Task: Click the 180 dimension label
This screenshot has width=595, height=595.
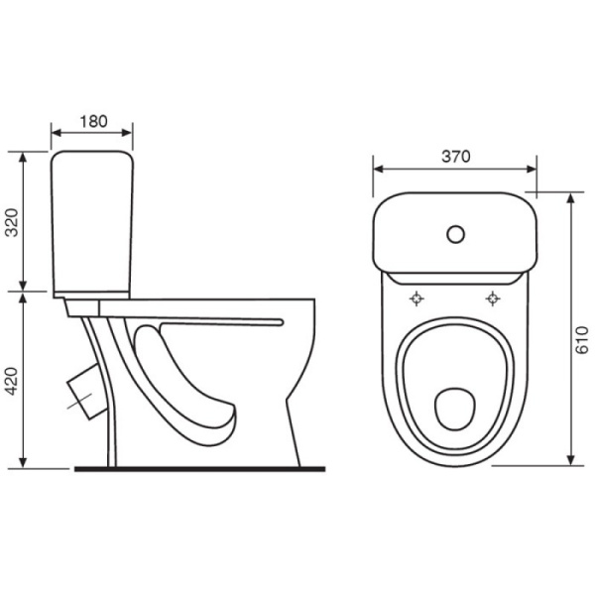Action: click(93, 121)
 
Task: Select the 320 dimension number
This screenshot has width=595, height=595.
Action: click(12, 223)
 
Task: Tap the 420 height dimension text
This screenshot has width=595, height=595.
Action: click(12, 382)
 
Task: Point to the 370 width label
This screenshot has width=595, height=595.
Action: click(456, 157)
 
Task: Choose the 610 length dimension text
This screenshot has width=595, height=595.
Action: click(582, 340)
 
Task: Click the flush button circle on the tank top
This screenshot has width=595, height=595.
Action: click(455, 234)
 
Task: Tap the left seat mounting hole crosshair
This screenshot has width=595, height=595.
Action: click(416, 298)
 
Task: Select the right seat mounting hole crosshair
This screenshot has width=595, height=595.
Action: click(493, 298)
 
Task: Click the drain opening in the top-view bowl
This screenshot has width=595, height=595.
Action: click(454, 409)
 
